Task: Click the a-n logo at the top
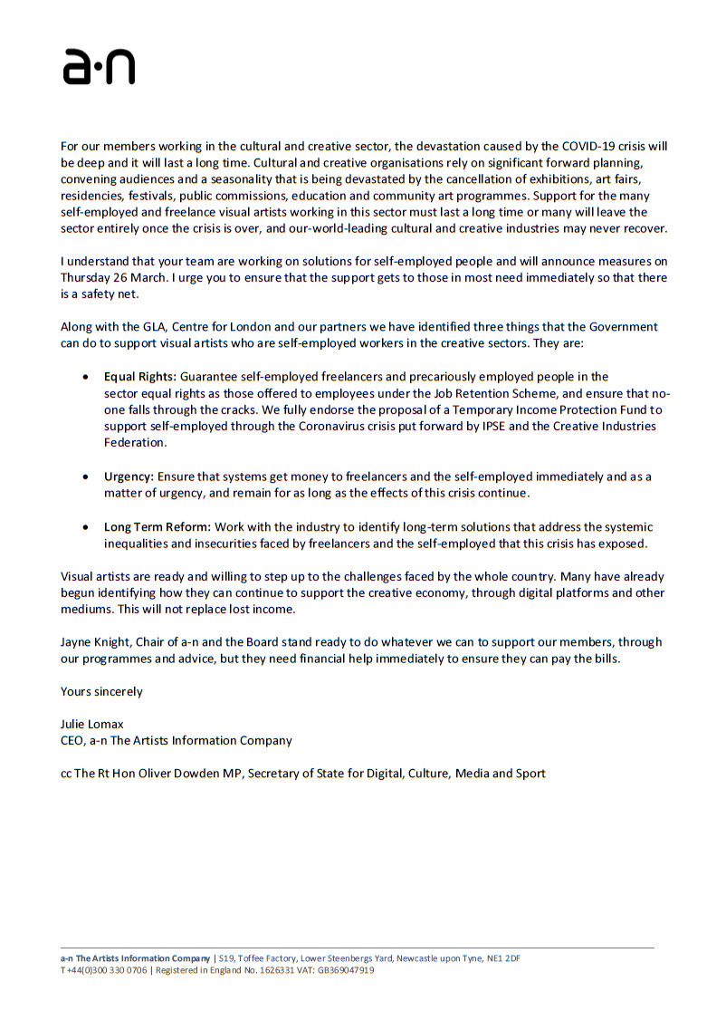point(99,68)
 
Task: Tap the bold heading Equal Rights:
point(140,376)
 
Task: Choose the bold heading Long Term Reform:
point(158,527)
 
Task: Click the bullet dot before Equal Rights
point(85,377)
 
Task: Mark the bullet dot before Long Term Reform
point(85,527)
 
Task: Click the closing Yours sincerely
point(101,691)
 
